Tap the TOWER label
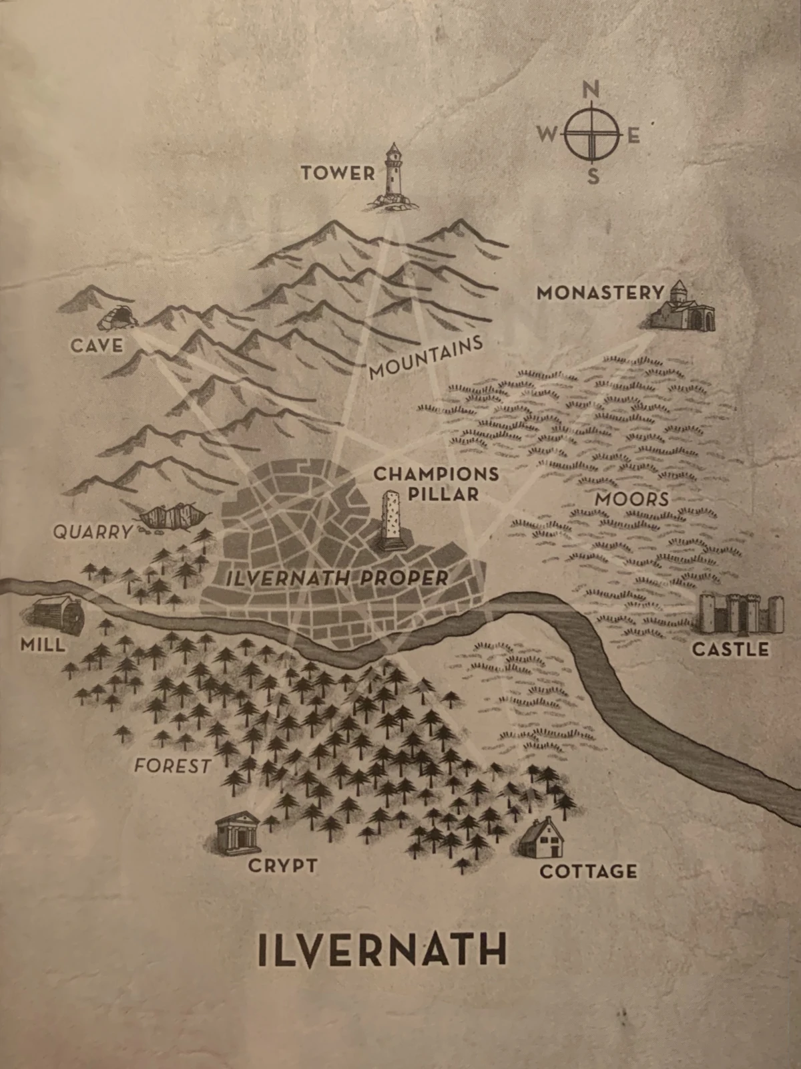pos(337,174)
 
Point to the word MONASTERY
pos(601,293)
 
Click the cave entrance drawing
pos(117,318)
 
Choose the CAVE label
pos(98,345)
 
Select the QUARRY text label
pos(93,532)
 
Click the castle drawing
pos(734,613)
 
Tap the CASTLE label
pos(730,649)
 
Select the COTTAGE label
pos(587,871)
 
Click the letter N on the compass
pos(591,90)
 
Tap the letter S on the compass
pos(592,177)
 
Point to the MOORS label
pos(631,499)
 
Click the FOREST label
pos(172,766)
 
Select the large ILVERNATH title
pos(382,949)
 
